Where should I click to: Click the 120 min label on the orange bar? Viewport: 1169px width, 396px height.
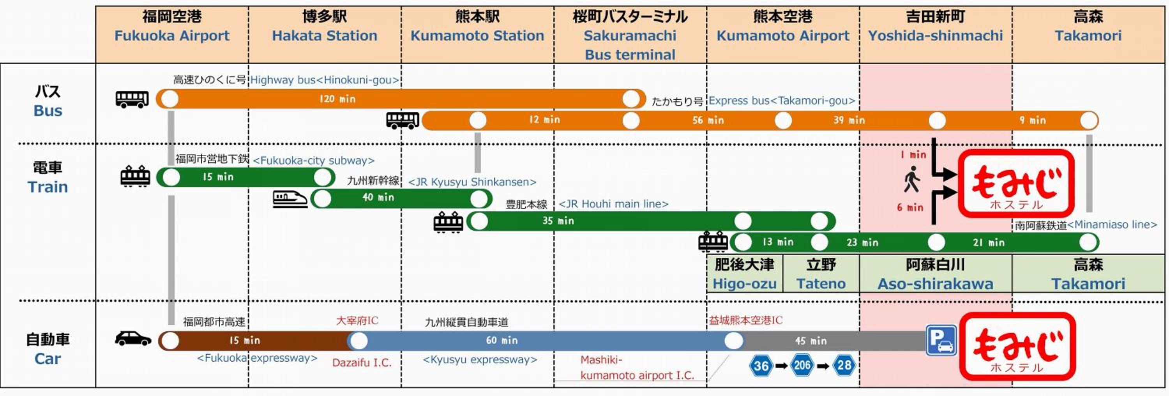point(337,99)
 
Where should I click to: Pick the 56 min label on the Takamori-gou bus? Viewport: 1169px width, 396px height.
point(708,120)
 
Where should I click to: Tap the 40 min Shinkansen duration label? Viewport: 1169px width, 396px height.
point(378,198)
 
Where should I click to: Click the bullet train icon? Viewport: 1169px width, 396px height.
point(290,199)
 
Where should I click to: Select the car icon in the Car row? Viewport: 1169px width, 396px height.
point(133,339)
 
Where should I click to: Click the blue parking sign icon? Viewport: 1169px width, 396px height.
point(941,340)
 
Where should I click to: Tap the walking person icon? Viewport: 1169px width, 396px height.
point(912,179)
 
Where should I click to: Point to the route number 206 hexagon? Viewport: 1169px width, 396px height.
point(802,366)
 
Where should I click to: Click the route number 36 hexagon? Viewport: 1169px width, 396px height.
point(761,366)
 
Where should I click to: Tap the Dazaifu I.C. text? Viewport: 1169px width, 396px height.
point(362,363)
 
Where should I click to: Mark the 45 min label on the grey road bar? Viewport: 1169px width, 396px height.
point(811,341)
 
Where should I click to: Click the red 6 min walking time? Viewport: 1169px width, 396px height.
point(910,207)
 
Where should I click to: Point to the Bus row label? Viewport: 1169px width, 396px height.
point(48,101)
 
